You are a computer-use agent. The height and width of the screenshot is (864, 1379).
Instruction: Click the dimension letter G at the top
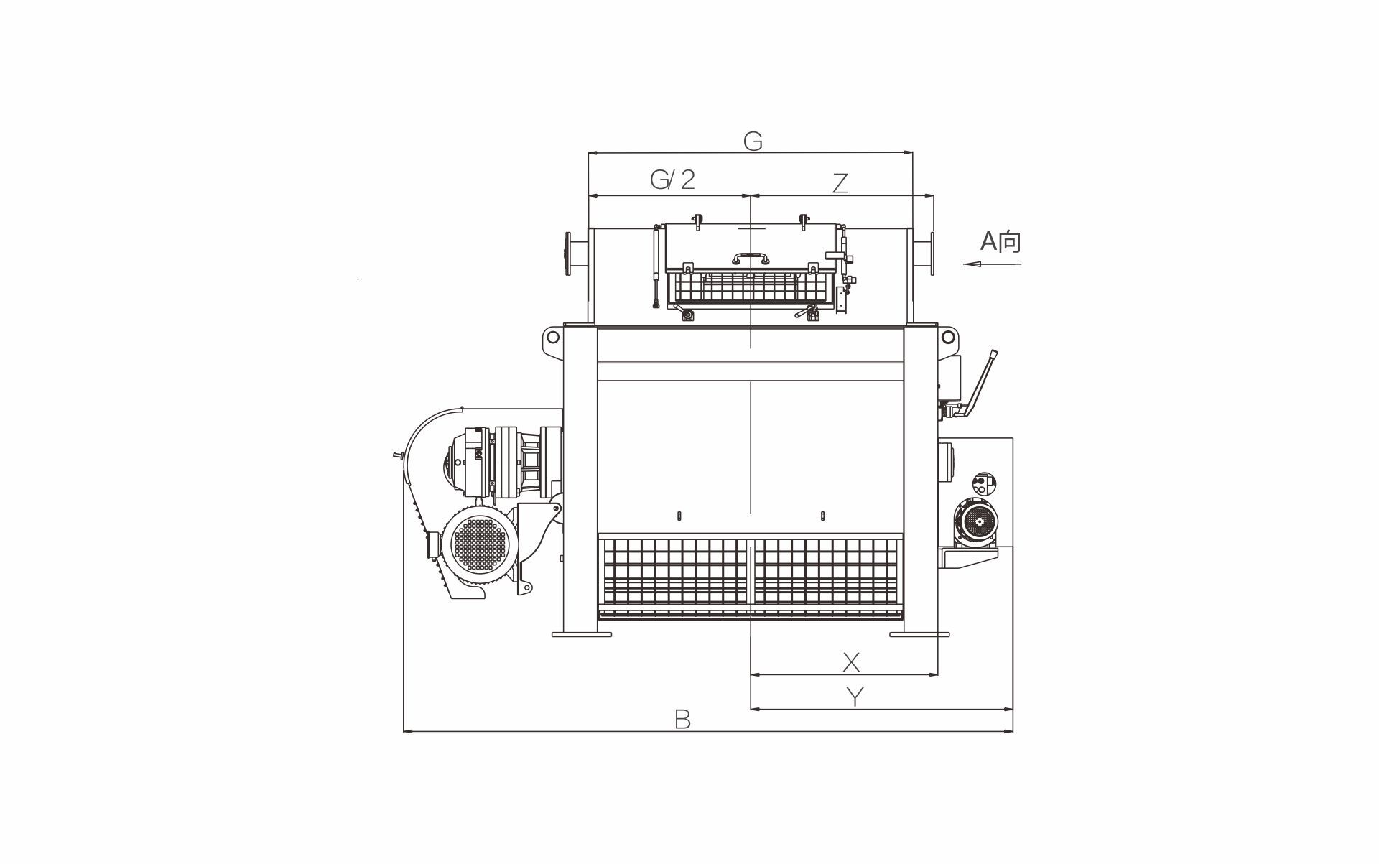(x=752, y=141)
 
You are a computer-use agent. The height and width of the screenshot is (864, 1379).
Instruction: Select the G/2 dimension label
(x=673, y=179)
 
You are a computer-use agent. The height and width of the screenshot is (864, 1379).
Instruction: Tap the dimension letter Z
(x=840, y=183)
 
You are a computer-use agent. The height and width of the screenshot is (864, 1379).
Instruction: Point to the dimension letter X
(x=851, y=661)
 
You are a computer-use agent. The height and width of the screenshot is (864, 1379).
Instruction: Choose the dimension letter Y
(x=854, y=697)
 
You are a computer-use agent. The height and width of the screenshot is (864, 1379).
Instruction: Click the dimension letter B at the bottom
(x=682, y=719)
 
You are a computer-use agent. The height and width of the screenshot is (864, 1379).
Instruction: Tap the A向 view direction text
(x=1000, y=241)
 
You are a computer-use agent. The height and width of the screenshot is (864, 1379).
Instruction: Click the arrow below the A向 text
(x=992, y=264)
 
